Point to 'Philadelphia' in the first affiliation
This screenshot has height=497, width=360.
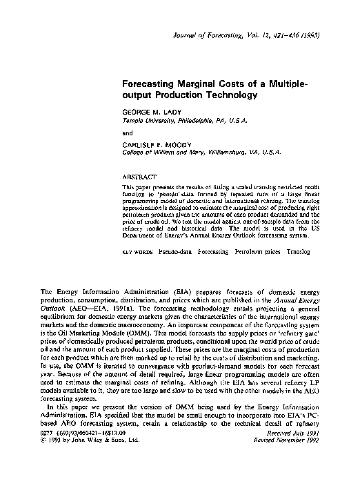(x=200, y=120)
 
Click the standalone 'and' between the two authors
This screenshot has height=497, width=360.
(x=127, y=133)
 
